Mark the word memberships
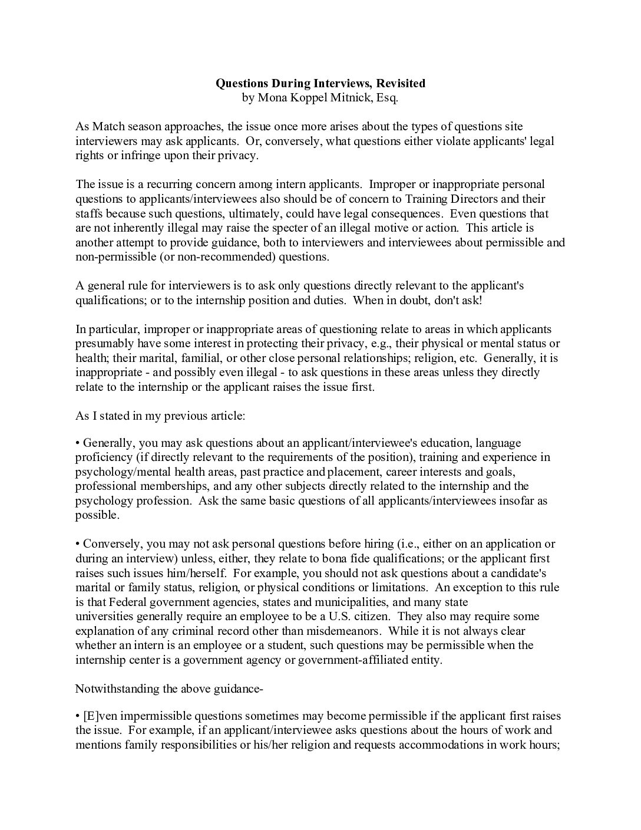(x=165, y=486)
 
